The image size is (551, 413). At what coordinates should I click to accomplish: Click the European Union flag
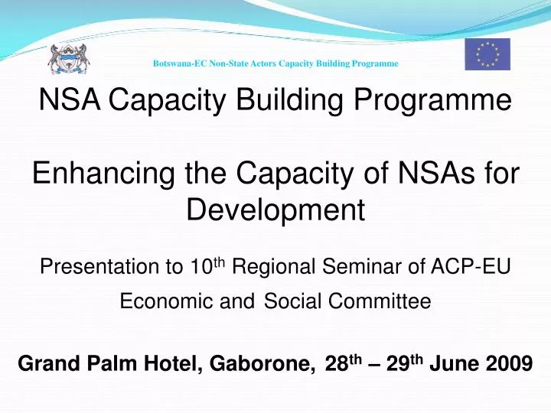click(487, 54)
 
